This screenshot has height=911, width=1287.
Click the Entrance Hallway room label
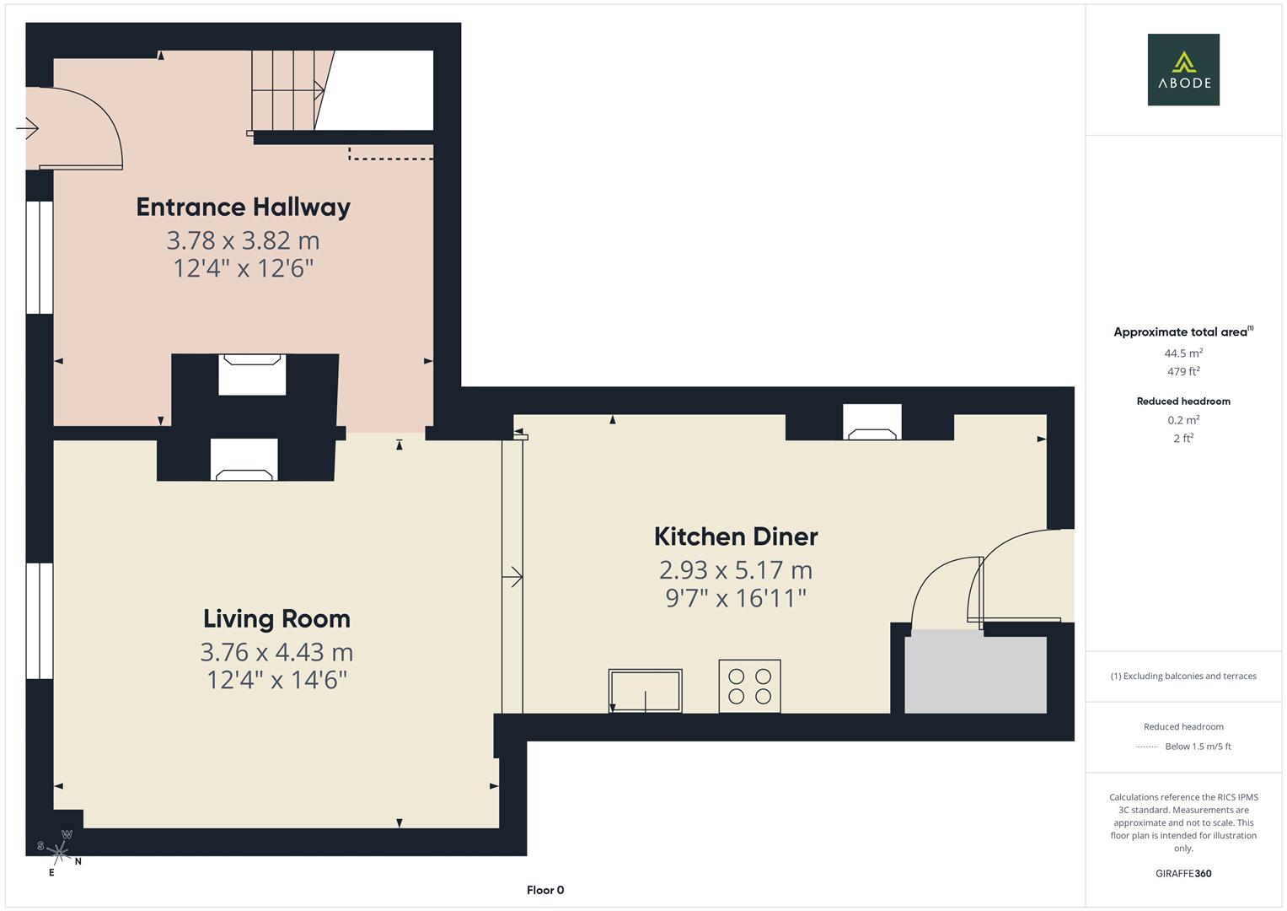tap(243, 208)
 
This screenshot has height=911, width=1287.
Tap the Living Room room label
tap(276, 619)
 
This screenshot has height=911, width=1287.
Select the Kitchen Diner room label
tap(736, 536)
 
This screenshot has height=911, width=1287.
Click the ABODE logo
tap(1183, 69)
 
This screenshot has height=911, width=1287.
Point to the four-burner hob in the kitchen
tap(750, 686)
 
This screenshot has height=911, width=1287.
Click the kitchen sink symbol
tap(646, 691)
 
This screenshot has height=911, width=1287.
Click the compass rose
tap(59, 852)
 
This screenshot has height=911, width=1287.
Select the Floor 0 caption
tap(545, 890)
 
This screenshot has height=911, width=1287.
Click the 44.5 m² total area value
tap(1183, 353)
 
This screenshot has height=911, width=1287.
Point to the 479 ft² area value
tap(1183, 371)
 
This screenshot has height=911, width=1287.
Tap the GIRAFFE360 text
tap(1183, 874)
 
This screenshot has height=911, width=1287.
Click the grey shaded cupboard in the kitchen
tap(976, 671)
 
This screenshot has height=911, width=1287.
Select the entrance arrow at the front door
tap(27, 128)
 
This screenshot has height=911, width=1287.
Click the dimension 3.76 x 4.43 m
tap(276, 652)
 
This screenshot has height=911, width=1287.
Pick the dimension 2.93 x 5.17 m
tap(736, 570)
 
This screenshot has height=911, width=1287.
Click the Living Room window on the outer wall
tap(40, 621)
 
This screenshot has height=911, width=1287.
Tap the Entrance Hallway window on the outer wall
tap(40, 257)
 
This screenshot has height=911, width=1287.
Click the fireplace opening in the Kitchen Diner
tap(872, 422)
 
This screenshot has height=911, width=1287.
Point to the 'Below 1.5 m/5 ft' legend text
tap(1198, 747)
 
